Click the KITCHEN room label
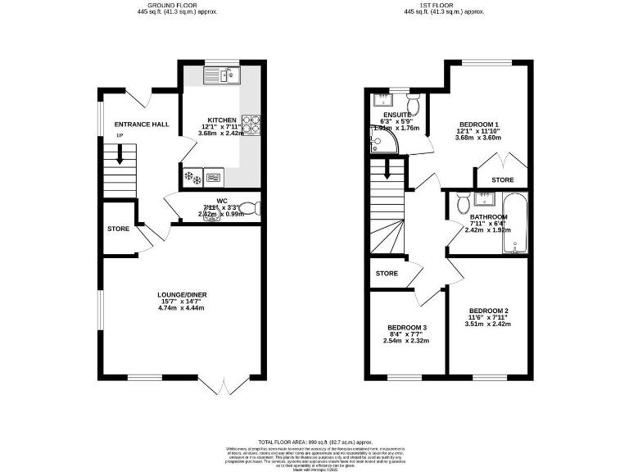tap(222, 120)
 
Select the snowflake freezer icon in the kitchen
tap(194, 176)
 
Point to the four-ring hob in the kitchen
tap(254, 124)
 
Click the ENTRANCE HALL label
tap(142, 124)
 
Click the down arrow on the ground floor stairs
tap(120, 154)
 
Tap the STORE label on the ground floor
tap(118, 229)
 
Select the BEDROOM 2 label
tap(489, 311)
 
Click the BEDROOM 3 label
tap(407, 327)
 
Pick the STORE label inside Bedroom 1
tap(502, 179)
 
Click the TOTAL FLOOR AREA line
tap(314, 441)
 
